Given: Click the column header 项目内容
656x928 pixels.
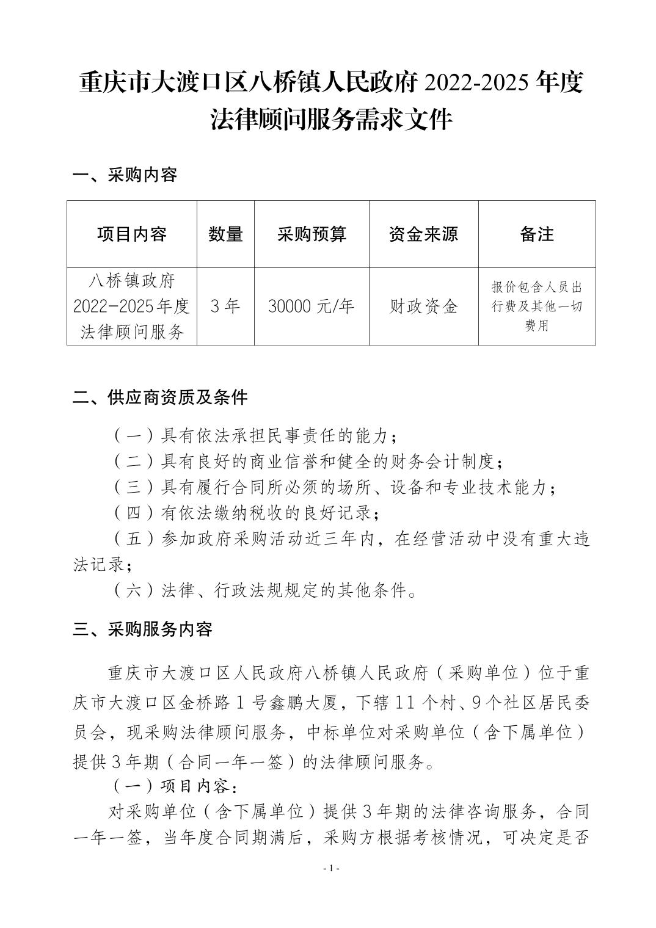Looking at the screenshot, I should coord(131,234).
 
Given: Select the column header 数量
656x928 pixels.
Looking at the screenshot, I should coord(225,234).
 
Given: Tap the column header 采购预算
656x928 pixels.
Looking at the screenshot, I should coord(312,234).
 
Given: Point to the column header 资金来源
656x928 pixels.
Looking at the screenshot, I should coord(423,234).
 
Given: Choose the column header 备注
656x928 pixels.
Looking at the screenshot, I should coord(537,234).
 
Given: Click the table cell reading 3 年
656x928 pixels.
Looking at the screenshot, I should coord(225,306).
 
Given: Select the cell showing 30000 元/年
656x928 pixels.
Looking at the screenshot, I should coord(312,306).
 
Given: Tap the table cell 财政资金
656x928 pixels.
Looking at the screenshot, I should coord(423,306).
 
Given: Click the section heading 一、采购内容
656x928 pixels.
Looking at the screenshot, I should coord(125,175).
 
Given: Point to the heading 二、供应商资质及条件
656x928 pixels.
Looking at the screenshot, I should coord(160,397).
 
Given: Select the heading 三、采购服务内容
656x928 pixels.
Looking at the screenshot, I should coord(142,629).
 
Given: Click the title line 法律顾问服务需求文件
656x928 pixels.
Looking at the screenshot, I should coord(331,120).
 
